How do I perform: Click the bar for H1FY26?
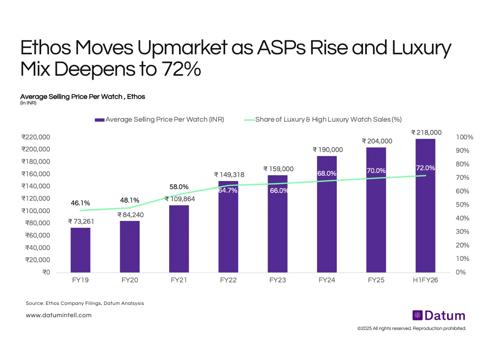[x=425, y=206]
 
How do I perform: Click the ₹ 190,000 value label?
[x=327, y=150]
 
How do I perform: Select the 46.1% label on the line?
[x=80, y=203]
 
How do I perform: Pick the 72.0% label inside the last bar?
[x=425, y=168]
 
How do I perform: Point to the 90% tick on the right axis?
[x=463, y=151]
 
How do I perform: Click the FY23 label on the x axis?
[x=278, y=281]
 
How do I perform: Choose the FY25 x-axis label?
[x=376, y=281]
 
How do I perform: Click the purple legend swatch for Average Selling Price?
[x=99, y=120]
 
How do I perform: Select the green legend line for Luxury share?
[x=249, y=120]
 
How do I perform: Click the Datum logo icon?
[x=417, y=316]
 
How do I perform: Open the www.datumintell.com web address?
[x=58, y=315]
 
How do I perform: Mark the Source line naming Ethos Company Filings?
[x=85, y=303]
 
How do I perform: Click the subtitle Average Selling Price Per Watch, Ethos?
[x=82, y=97]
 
